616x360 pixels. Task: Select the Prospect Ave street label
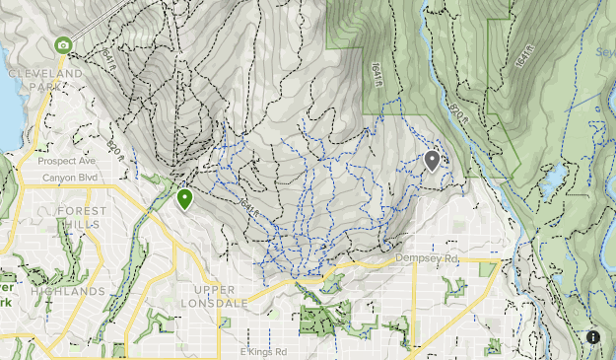pos(65,161)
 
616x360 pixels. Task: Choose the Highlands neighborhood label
pos(67,292)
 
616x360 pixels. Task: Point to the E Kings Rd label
pos(263,351)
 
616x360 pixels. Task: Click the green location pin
pos(184,199)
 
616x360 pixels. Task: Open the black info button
pos(593,337)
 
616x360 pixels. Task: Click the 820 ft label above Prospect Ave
pos(117,149)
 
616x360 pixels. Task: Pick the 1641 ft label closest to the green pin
pos(249,209)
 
